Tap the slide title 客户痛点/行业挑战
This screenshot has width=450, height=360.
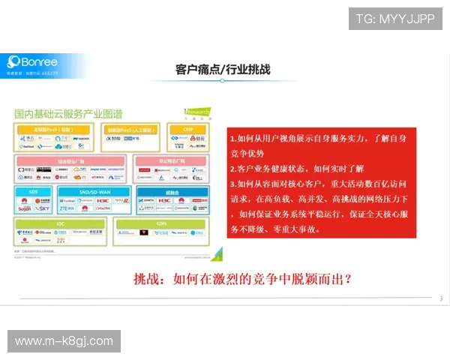pyautogui.click(x=223, y=70)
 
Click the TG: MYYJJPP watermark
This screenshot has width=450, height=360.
pyautogui.click(x=395, y=18)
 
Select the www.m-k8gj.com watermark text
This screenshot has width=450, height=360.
pyautogui.click(x=64, y=341)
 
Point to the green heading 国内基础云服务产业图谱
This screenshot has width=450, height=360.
pyautogui.click(x=67, y=114)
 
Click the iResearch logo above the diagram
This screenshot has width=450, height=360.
pyautogui.click(x=197, y=112)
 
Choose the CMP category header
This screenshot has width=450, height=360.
pyautogui.click(x=187, y=130)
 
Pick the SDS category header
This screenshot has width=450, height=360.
pyautogui.click(x=34, y=191)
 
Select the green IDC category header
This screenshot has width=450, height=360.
pyautogui.click(x=60, y=223)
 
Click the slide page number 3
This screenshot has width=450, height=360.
pyautogui.click(x=441, y=299)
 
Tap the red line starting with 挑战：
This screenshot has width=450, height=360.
pyautogui.click(x=242, y=279)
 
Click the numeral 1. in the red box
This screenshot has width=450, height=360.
pyautogui.click(x=233, y=139)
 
